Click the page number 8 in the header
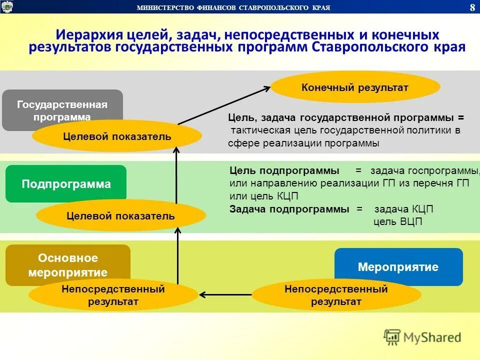click(472, 7)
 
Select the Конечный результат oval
click(355, 88)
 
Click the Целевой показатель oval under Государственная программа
click(117, 136)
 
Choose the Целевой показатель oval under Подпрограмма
click(120, 216)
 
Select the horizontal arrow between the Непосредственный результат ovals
click(225, 294)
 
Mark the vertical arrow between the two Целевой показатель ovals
click(176, 175)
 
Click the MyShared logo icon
click(392, 337)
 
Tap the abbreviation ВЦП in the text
click(411, 221)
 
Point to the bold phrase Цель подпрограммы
click(284, 170)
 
